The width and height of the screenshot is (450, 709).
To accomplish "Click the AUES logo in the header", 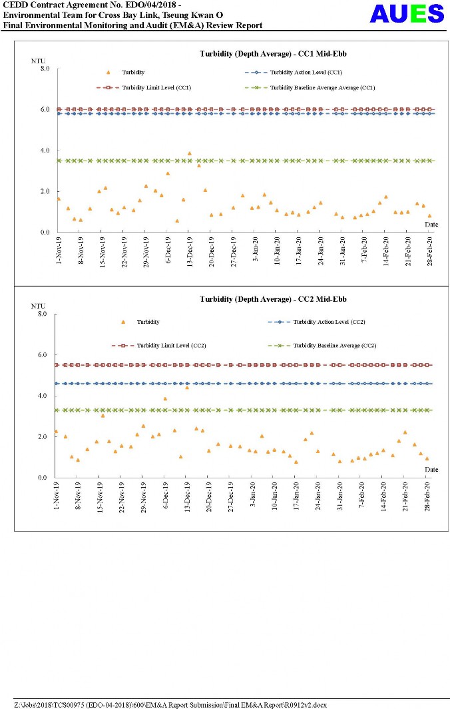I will point(407,13).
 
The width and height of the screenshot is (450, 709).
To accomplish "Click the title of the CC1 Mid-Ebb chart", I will point(273,54).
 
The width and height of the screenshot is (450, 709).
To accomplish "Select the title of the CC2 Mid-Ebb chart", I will point(273,299).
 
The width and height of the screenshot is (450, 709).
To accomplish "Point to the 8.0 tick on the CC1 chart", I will point(45,69).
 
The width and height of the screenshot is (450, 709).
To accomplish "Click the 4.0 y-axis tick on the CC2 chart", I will point(45,396).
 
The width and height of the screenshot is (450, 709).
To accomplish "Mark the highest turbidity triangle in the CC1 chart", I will point(189,153).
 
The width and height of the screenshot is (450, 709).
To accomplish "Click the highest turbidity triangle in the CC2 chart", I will point(187,387).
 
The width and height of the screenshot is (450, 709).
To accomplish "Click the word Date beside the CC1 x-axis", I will point(431,225).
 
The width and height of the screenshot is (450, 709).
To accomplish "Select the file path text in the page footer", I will point(170,704).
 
